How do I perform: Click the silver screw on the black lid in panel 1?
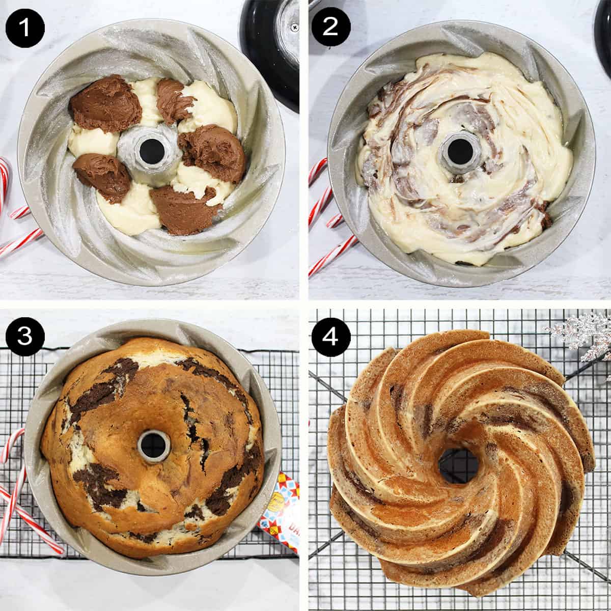click(294, 25)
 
